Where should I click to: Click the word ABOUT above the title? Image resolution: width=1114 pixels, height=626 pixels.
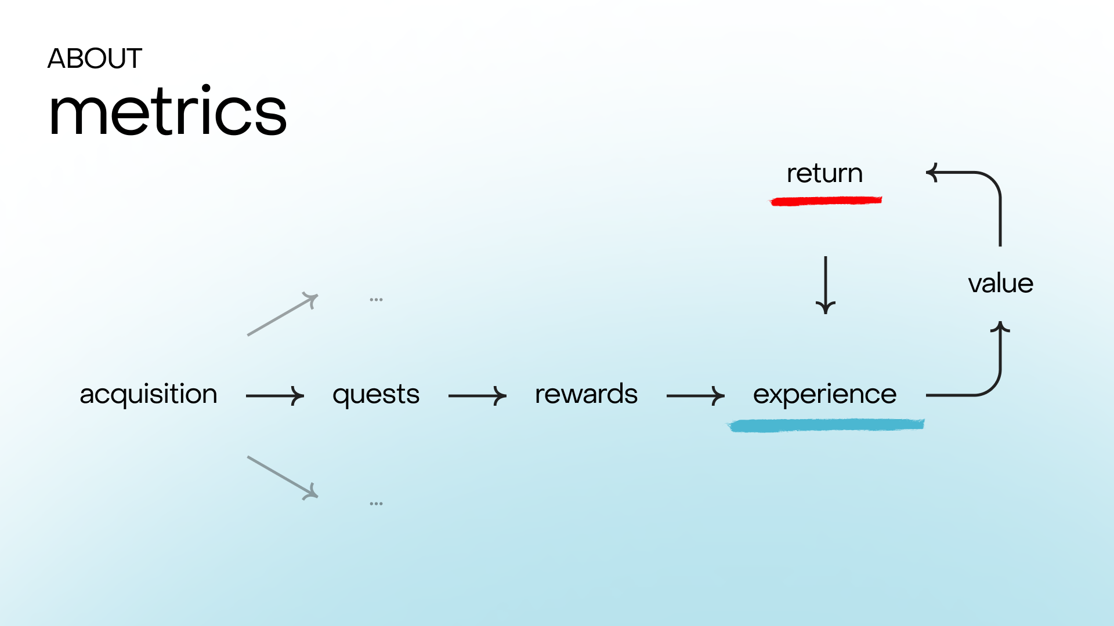pos(95,59)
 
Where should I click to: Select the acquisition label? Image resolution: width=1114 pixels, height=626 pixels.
pos(149,395)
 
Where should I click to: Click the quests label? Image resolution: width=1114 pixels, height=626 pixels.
pos(376,395)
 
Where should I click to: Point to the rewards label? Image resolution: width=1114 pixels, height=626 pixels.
pos(586,394)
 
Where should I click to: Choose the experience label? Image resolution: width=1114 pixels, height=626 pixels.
pos(824,395)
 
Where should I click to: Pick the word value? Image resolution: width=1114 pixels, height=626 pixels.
pos(1001,283)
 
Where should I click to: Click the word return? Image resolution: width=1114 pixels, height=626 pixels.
pos(824,173)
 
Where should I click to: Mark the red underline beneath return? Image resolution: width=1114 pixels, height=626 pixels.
pos(826,201)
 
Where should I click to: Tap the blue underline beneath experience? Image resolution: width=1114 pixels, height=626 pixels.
pos(826,425)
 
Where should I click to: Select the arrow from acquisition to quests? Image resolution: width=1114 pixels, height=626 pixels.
pos(275,396)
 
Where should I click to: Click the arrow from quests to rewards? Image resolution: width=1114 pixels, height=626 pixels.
pos(478,396)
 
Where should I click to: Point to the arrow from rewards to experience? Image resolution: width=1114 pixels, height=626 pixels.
pos(696,396)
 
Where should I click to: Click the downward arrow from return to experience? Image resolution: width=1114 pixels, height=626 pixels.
pos(826,285)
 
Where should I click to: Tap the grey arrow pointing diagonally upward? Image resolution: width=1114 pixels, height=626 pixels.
pos(283,314)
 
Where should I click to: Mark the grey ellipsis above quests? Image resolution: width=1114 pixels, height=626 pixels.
pos(376,300)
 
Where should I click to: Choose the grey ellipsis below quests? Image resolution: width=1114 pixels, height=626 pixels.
pos(376,504)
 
